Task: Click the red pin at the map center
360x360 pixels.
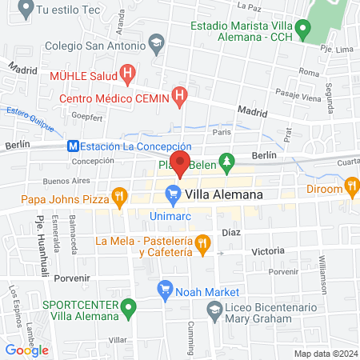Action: (180, 163)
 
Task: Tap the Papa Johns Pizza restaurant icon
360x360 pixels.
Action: (119, 194)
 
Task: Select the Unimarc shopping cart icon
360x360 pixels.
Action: (172, 193)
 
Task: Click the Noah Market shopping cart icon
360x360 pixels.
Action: (166, 290)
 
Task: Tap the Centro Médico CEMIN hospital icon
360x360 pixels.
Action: (180, 98)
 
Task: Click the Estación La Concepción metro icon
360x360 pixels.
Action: (73, 146)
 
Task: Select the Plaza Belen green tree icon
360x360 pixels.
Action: (226, 161)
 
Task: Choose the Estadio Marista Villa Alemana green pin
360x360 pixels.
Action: (302, 30)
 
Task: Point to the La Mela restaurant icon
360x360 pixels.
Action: (202, 241)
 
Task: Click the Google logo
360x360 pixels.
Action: (26, 350)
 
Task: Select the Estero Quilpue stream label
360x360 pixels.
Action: (30, 115)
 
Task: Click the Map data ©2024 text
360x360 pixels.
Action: (325, 354)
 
